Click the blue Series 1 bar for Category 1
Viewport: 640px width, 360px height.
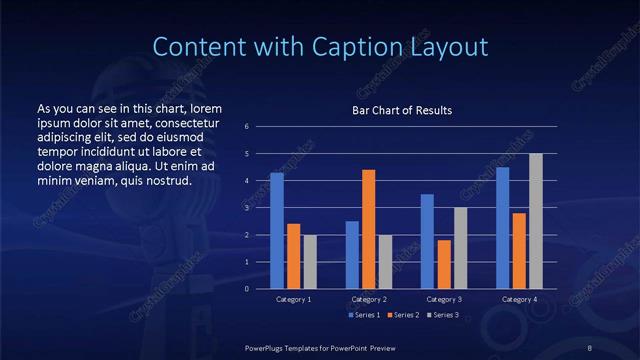pyautogui.click(x=277, y=230)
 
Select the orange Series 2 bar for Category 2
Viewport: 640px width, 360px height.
pyautogui.click(x=368, y=229)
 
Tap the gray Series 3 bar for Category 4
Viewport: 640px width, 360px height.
pyautogui.click(x=535, y=221)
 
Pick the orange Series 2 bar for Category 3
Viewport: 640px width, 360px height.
pyautogui.click(x=444, y=264)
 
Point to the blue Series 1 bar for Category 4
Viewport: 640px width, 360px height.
pyautogui.click(x=502, y=227)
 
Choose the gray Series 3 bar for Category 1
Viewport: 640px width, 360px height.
pyautogui.click(x=310, y=261)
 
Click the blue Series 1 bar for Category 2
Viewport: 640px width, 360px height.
pyautogui.click(x=352, y=254)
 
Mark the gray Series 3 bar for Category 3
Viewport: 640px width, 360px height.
pyautogui.click(x=460, y=248)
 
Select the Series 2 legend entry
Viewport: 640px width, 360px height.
pyautogui.click(x=402, y=315)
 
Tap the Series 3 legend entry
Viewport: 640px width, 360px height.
pyautogui.click(x=441, y=315)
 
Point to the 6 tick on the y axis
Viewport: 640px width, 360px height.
pyautogui.click(x=246, y=127)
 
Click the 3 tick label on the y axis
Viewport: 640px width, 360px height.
pyautogui.click(x=246, y=208)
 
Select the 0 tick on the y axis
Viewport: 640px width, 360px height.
pyautogui.click(x=246, y=288)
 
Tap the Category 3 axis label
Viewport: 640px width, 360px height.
pyautogui.click(x=444, y=299)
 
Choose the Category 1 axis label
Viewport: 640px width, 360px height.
pyautogui.click(x=294, y=299)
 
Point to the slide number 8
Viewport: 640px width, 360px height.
pyautogui.click(x=590, y=346)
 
